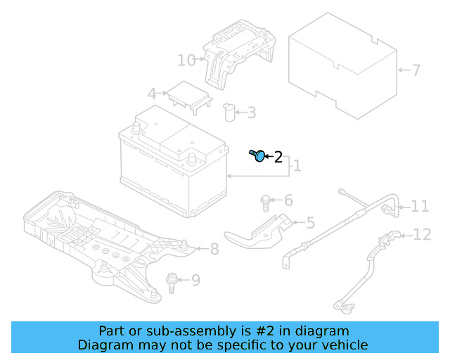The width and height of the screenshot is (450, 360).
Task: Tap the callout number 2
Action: [x=278, y=157]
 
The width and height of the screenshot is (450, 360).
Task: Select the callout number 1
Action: [x=297, y=166]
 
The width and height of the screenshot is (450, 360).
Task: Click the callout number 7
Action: [x=416, y=70]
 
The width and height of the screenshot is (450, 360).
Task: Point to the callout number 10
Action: [x=186, y=60]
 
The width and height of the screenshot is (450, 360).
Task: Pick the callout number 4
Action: [x=151, y=94]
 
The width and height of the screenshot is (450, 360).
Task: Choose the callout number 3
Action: [x=251, y=112]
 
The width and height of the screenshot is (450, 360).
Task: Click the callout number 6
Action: [x=288, y=200]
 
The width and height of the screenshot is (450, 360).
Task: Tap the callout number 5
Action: [x=310, y=224]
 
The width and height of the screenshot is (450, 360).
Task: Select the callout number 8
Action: [x=214, y=249]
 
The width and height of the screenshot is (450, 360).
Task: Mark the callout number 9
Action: [x=195, y=281]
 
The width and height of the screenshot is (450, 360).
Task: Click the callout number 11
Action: [x=420, y=206]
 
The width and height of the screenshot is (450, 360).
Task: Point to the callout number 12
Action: [x=422, y=235]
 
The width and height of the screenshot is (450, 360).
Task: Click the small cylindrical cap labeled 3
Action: [x=229, y=112]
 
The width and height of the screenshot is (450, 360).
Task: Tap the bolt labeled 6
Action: [x=266, y=202]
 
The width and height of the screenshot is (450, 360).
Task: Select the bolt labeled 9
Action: [x=171, y=281]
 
